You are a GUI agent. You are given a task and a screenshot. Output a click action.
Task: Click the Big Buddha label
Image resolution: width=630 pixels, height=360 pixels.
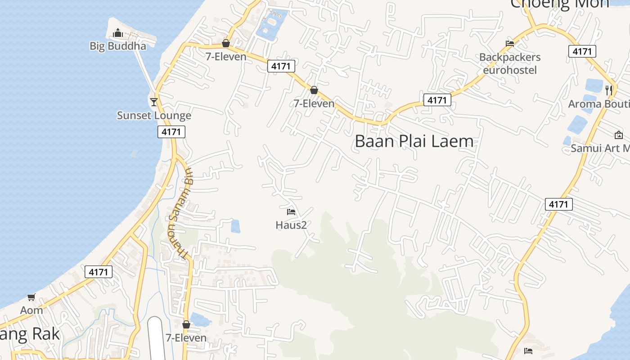click(118, 46)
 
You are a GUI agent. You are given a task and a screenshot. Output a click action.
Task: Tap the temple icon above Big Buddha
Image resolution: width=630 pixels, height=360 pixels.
click(118, 33)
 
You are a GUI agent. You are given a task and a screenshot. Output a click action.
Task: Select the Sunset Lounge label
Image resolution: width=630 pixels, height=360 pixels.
click(154, 116)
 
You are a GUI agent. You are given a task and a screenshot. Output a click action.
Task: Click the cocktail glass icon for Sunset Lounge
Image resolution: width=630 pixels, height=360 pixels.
click(154, 102)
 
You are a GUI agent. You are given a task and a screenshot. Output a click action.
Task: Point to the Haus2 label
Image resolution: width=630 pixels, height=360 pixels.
click(291, 225)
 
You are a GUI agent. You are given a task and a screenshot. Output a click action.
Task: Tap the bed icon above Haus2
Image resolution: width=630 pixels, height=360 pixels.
click(291, 211)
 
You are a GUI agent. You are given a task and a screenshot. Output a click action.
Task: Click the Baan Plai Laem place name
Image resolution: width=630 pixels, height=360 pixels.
click(414, 141)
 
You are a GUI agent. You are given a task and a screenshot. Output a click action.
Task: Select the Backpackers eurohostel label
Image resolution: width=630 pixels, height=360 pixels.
click(510, 63)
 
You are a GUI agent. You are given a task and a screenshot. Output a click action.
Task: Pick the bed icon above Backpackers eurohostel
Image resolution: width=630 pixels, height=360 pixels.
click(510, 44)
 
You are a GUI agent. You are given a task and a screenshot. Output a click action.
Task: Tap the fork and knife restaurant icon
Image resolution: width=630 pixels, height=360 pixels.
click(609, 90)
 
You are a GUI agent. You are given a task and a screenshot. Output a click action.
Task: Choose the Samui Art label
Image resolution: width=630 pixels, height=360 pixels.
click(600, 148)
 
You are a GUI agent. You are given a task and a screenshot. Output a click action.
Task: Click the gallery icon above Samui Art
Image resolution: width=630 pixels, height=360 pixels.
click(619, 135)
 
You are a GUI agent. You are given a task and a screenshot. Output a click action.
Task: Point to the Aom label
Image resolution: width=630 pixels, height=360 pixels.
click(31, 310)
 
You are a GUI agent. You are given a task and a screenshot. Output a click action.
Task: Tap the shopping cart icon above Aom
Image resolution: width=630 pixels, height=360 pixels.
click(31, 297)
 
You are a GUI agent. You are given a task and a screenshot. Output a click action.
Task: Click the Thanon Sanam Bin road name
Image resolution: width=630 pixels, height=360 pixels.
click(179, 213)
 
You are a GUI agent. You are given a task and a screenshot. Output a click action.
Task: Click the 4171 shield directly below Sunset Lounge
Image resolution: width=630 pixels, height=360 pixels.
click(171, 132)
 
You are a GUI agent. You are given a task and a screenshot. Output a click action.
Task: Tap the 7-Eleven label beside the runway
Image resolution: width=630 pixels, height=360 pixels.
click(186, 338)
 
